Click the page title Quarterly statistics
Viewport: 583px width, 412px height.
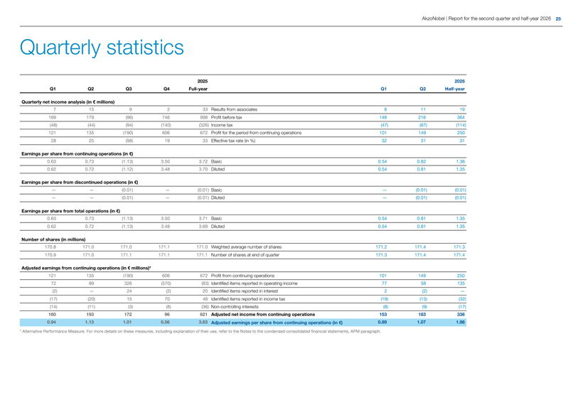pyautogui.click(x=102, y=48)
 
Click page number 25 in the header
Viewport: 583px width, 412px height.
pyautogui.click(x=558, y=18)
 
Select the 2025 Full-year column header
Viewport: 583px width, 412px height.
pyautogui.click(x=198, y=85)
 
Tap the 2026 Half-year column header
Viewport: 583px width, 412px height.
pyautogui.click(x=455, y=85)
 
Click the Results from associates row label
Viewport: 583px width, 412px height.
pyautogui.click(x=234, y=109)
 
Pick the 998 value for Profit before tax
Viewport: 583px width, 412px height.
pyautogui.click(x=204, y=117)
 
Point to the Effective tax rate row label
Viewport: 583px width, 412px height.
pyautogui.click(x=232, y=141)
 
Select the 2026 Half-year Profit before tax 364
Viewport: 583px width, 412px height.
pyautogui.click(x=461, y=117)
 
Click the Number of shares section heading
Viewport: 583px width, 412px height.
pyautogui.click(x=53, y=239)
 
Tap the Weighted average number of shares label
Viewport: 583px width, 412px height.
pyautogui.click(x=246, y=247)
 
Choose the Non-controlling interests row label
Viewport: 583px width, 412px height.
pyautogui.click(x=234, y=307)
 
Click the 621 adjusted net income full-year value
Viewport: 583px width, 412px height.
pyautogui.click(x=204, y=314)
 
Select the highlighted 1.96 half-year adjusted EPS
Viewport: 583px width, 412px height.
pyautogui.click(x=460, y=322)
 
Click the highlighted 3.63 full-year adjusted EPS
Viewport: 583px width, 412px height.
pyautogui.click(x=203, y=322)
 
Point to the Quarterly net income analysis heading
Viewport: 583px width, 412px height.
pyautogui.click(x=68, y=102)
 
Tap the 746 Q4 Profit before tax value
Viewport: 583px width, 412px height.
pyautogui.click(x=166, y=117)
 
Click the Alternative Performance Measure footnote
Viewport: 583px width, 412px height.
pyautogui.click(x=200, y=332)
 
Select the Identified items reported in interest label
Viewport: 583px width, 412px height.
pyautogui.click(x=245, y=291)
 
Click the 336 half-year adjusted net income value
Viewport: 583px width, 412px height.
pyautogui.click(x=461, y=314)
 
